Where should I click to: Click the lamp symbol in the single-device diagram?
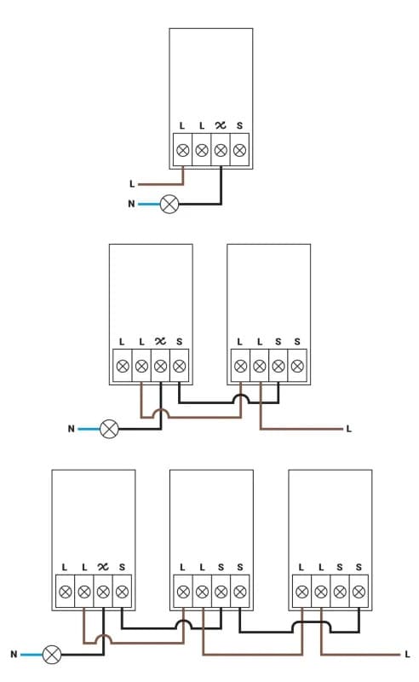(170, 205)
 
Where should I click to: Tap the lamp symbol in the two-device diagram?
(109, 429)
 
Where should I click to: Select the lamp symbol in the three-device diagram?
(53, 655)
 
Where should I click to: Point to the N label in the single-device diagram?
(131, 205)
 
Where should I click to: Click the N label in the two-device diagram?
(71, 429)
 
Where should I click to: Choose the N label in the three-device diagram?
(14, 655)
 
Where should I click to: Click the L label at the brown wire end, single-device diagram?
(131, 184)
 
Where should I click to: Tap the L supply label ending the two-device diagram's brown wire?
(348, 429)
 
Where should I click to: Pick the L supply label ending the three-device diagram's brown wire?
(407, 655)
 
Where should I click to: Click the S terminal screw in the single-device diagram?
(239, 150)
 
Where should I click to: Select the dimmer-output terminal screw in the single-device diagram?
(221, 150)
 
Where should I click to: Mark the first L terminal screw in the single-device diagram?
(182, 150)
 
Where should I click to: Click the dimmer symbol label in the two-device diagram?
(160, 342)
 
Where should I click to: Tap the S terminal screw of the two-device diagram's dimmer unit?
(179, 367)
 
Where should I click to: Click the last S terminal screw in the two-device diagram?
(297, 367)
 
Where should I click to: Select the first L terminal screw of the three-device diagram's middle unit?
(182, 591)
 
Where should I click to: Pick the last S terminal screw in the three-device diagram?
(359, 591)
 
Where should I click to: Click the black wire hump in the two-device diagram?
(242, 399)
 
